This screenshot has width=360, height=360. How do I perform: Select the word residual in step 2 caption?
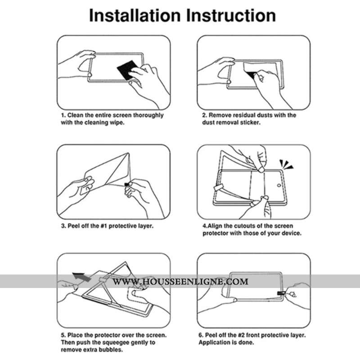[x=247, y=115]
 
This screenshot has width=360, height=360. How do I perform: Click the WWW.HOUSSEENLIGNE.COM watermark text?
[x=180, y=282]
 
